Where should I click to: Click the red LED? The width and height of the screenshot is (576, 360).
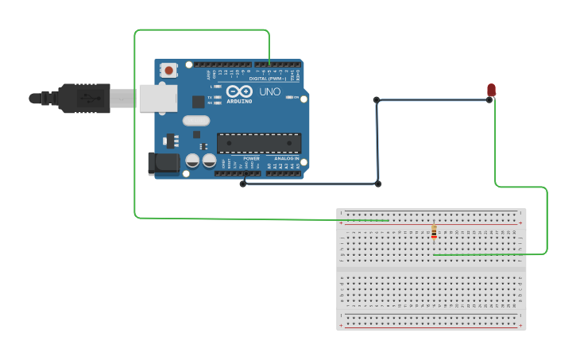[491, 90]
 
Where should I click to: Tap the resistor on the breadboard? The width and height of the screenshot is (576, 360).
[434, 231]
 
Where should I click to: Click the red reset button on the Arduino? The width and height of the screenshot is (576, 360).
[168, 70]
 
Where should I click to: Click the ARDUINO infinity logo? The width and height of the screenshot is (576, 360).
[239, 91]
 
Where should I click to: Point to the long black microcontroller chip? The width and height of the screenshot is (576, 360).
[259, 143]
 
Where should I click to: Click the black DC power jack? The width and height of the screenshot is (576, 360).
[163, 164]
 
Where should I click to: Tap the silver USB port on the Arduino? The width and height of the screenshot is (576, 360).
[157, 98]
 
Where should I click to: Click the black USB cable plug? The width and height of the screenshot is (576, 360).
[83, 98]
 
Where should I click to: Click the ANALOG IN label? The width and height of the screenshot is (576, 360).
[287, 158]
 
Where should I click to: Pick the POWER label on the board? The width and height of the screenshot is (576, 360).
[251, 158]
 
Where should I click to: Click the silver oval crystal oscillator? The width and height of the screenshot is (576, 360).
[195, 121]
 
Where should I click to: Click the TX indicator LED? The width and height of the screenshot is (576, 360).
[217, 97]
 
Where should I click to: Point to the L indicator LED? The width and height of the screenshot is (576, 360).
[217, 86]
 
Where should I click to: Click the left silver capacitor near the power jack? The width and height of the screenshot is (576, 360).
[192, 161]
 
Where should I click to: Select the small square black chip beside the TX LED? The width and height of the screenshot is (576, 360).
[198, 101]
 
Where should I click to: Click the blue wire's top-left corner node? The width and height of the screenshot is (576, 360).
[377, 100]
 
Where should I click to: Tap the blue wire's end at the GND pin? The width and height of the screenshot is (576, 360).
[244, 183]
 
